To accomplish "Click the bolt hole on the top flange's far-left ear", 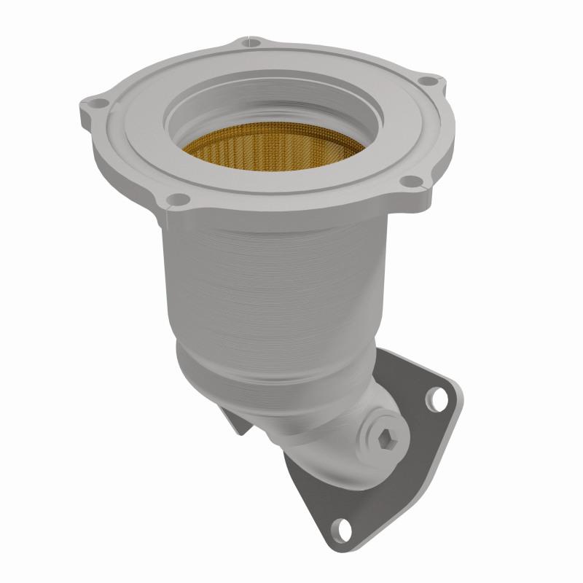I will click(93, 103).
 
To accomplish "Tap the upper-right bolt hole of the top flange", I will click(430, 82).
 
